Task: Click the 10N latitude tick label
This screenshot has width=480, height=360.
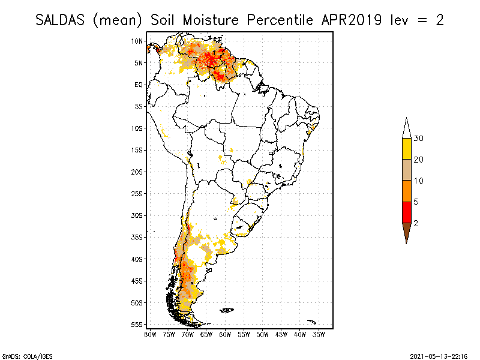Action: point(137,41)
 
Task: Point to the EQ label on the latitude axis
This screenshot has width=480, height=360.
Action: point(138,85)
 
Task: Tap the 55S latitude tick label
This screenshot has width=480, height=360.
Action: point(137,325)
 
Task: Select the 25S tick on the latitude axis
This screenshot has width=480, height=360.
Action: point(137,194)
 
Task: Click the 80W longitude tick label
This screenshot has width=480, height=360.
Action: point(150,334)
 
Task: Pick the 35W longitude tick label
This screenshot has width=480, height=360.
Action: point(319,334)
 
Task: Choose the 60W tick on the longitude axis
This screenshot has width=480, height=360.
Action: point(225,334)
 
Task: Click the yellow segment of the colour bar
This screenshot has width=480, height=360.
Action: point(406,149)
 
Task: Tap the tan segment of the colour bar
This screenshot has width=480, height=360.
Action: point(406,170)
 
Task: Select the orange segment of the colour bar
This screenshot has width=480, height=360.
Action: point(406,191)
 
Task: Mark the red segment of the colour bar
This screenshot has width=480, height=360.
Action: point(406,212)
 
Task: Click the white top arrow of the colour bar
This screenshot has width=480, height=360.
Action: point(406,128)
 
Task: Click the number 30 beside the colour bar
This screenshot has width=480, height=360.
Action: point(419,139)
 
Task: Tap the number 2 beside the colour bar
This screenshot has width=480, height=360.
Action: point(416,223)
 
